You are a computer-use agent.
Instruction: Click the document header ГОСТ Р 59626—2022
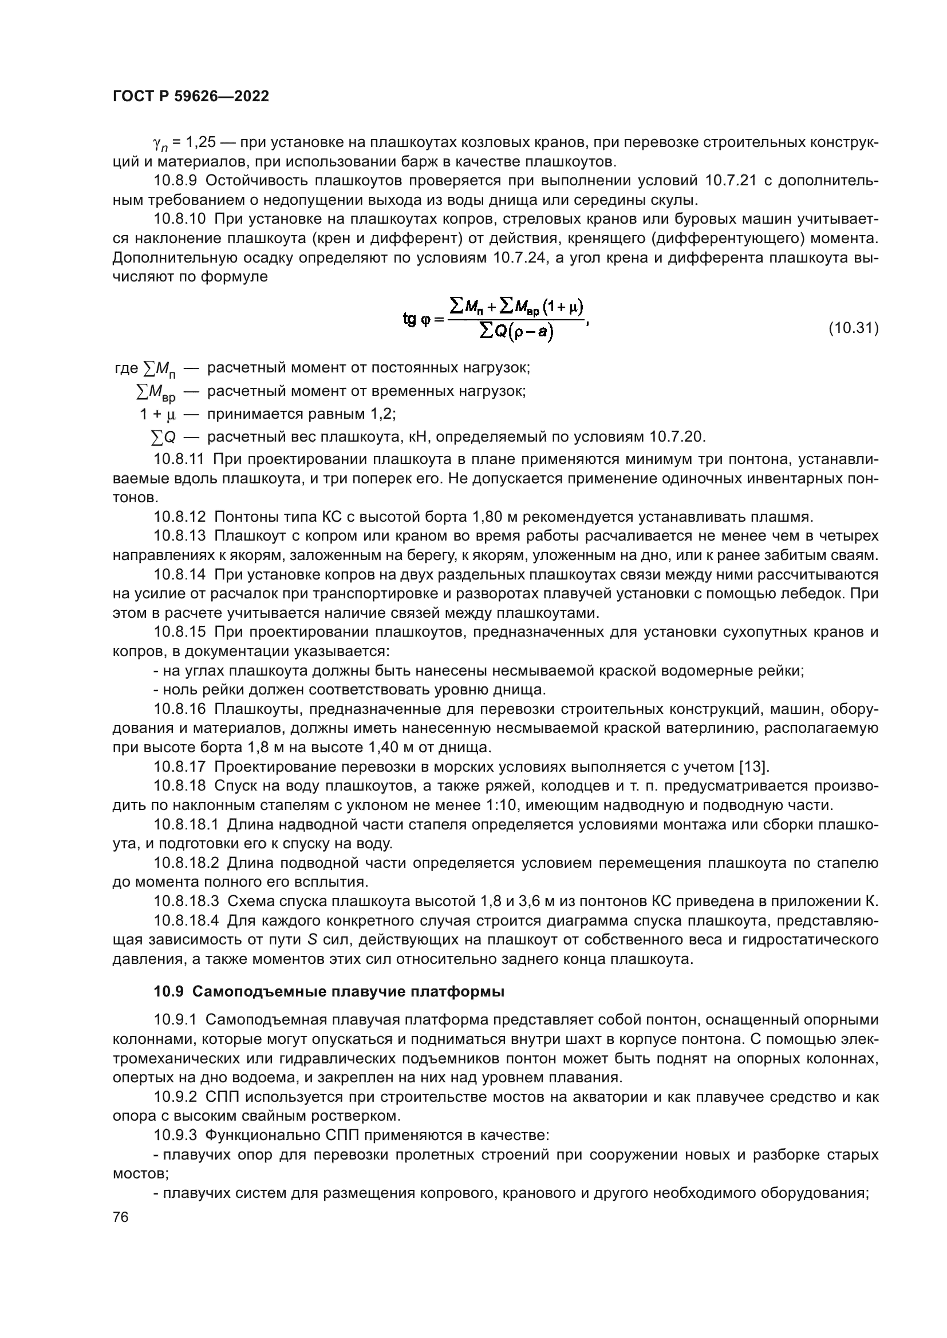(191, 97)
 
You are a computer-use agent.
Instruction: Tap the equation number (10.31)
(853, 329)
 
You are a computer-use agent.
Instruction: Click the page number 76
(121, 1217)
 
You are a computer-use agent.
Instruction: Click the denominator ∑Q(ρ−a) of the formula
(516, 333)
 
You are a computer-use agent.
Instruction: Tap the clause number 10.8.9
(175, 181)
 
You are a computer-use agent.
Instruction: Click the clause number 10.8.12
(180, 517)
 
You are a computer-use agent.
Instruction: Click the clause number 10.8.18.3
(186, 901)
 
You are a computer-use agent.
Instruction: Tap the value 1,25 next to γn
(199, 142)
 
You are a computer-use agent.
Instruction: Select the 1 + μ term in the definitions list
(157, 414)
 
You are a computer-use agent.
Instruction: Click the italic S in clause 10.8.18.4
(311, 939)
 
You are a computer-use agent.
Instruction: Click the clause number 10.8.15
(180, 632)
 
